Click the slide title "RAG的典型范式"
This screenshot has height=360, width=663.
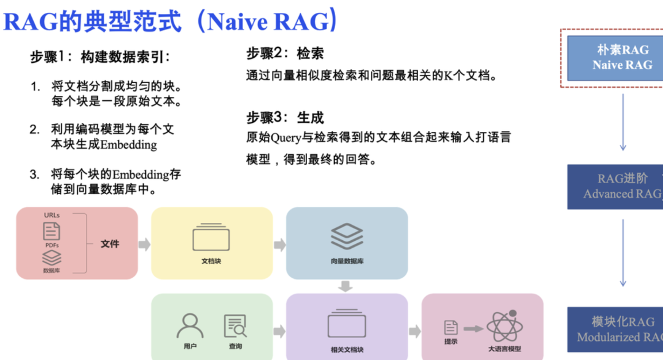click(x=92, y=22)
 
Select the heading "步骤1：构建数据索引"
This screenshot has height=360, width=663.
click(x=100, y=57)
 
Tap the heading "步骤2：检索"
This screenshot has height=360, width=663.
click(x=285, y=54)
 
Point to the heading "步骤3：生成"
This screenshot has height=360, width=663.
click(x=285, y=118)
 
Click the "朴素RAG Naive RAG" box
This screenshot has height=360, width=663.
click(x=622, y=58)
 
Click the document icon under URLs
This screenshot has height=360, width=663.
click(x=52, y=232)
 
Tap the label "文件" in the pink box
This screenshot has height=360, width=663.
click(x=110, y=244)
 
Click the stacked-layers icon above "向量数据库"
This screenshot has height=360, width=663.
click(x=347, y=237)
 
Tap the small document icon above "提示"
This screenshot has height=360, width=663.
click(x=451, y=327)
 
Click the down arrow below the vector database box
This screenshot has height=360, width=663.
click(x=346, y=286)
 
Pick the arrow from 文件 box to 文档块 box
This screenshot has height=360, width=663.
click(x=144, y=245)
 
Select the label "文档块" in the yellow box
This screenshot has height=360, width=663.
click(x=211, y=261)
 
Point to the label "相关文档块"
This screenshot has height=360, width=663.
click(x=347, y=350)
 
